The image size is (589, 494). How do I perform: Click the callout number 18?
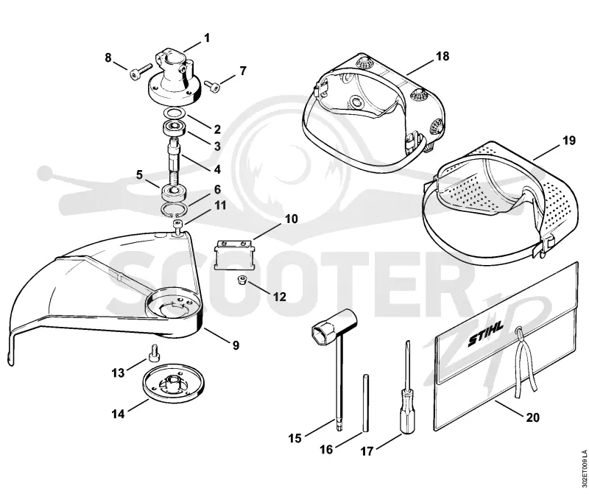point(442,57)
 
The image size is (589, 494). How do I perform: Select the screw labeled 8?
point(140,72)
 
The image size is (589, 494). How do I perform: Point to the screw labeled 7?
point(212,85)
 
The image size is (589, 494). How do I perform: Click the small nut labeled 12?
point(241,280)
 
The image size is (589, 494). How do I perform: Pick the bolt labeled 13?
point(154,353)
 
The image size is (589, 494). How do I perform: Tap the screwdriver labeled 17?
point(407,388)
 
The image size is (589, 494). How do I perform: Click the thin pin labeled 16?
point(366,403)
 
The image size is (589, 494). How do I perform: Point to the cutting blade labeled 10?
point(233,255)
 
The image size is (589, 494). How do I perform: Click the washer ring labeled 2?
point(175,113)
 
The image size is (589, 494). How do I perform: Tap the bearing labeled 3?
point(175,129)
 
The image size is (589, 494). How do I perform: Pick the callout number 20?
point(532,417)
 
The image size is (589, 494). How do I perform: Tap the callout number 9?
point(236,345)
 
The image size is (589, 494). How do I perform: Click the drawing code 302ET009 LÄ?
point(583,467)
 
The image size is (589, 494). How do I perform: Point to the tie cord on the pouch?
point(524,361)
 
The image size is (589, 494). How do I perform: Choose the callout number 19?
point(568,141)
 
